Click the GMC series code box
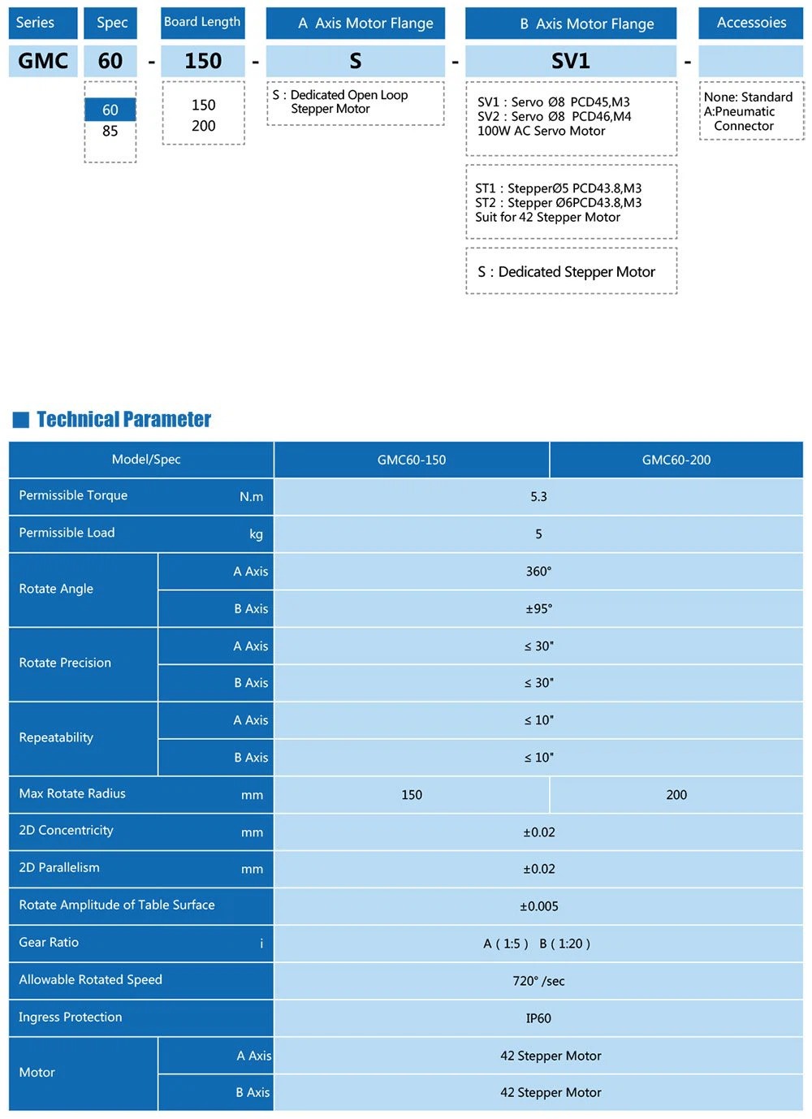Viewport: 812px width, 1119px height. coord(43,61)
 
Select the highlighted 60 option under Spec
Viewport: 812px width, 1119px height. coord(110,110)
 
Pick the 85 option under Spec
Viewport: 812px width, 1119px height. coord(110,132)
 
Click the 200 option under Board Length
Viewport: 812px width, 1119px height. coord(203,126)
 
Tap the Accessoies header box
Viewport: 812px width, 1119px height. coord(751,23)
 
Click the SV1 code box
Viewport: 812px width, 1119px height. coord(570,61)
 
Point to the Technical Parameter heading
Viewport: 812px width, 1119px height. coord(123,419)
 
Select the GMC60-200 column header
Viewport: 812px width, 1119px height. coord(676,460)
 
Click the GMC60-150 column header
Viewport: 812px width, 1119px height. coord(412,460)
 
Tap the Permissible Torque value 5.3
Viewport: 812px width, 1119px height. coord(538,496)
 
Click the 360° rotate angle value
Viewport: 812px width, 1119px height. coord(538,571)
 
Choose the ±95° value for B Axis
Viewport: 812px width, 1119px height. coord(538,608)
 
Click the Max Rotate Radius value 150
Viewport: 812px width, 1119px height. coord(412,794)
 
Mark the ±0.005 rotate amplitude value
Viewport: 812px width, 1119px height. coord(538,906)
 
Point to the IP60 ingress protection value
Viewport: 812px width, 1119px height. coord(538,1018)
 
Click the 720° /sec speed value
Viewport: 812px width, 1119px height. coord(538,981)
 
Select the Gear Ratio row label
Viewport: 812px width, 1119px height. coord(49,942)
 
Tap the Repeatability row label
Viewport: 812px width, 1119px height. coord(56,737)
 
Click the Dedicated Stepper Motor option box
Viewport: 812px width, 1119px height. coord(571,272)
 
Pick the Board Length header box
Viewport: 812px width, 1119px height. coord(202,23)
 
